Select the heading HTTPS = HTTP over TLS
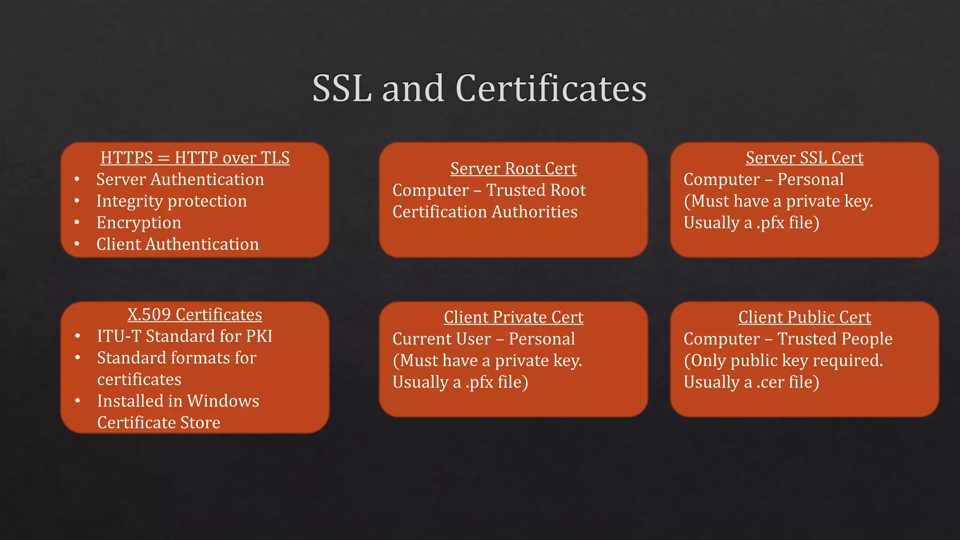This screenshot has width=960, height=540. click(x=195, y=158)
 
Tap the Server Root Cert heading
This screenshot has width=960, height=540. click(x=513, y=169)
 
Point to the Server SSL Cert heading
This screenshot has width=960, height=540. click(x=804, y=158)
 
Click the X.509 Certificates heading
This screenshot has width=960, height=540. click(x=195, y=315)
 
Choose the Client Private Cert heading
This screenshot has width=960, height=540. click(x=513, y=317)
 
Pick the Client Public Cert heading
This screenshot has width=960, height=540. click(x=804, y=317)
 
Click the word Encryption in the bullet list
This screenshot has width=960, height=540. click(x=139, y=223)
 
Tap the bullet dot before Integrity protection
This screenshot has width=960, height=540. click(x=77, y=201)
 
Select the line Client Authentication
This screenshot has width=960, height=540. click(x=177, y=244)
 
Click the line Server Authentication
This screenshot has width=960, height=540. click(x=180, y=180)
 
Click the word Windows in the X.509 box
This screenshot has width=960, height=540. click(x=223, y=401)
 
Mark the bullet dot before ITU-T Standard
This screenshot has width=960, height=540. click(x=78, y=336)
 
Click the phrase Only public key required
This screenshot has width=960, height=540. click(x=786, y=360)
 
